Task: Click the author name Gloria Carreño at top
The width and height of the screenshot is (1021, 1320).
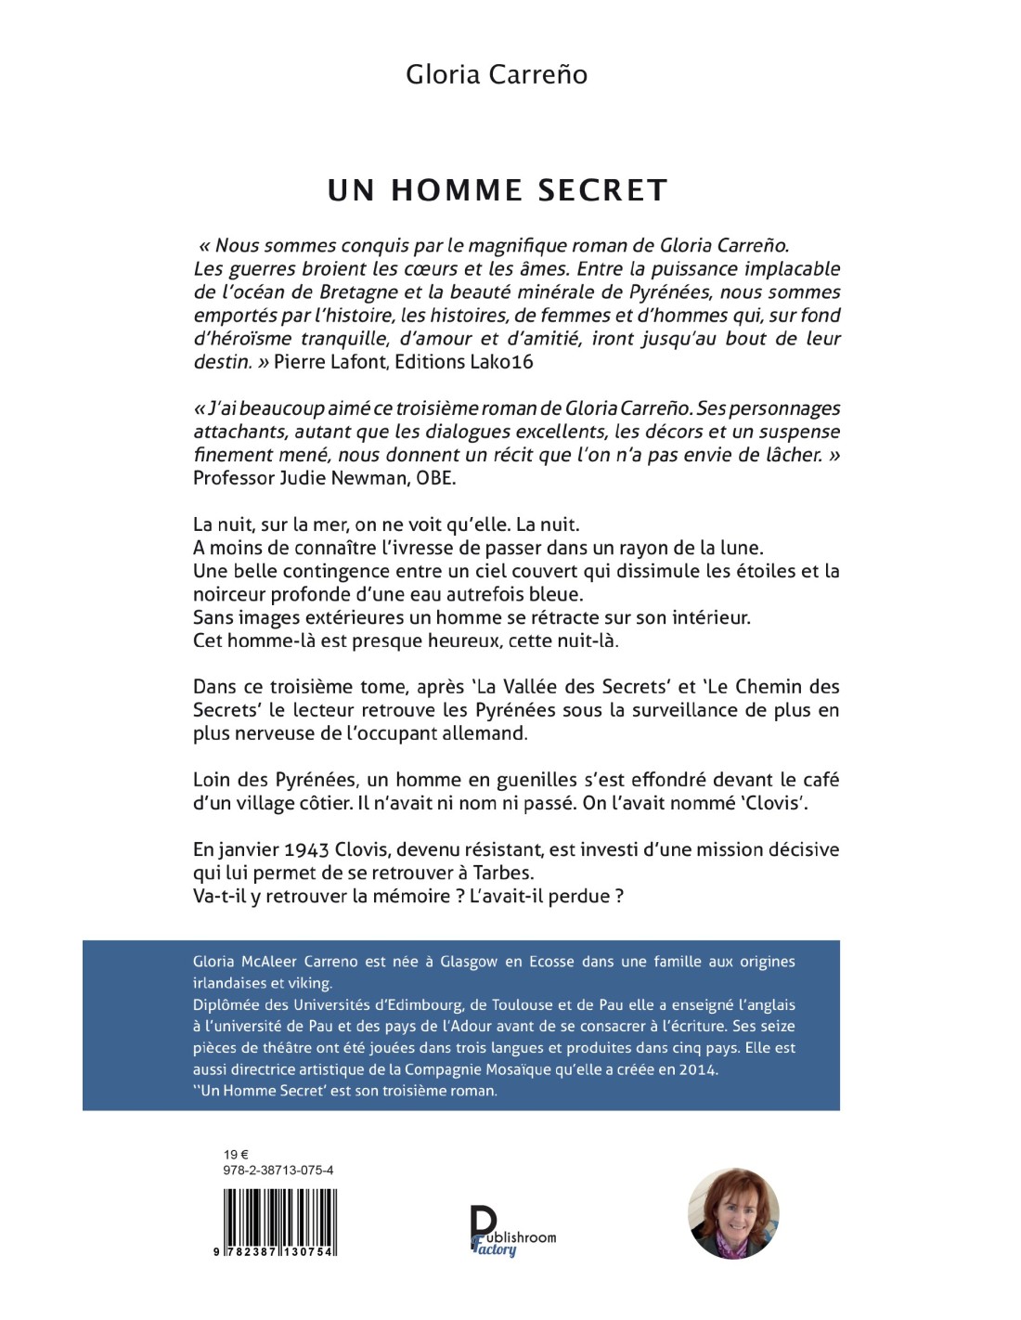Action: pos(497,74)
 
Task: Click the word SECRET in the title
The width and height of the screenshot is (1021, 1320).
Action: pos(603,190)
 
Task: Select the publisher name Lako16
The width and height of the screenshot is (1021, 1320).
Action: pos(502,362)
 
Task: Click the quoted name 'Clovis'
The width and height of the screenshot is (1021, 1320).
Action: pos(775,803)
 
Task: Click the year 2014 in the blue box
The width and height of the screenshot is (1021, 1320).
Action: pos(698,1069)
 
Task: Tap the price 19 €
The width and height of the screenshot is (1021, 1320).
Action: pos(237,1155)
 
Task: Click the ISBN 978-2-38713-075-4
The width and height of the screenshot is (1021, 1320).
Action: pos(278,1171)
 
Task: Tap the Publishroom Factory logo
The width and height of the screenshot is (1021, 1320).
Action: pos(511,1232)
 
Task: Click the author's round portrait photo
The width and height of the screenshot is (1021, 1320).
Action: pos(733,1213)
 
